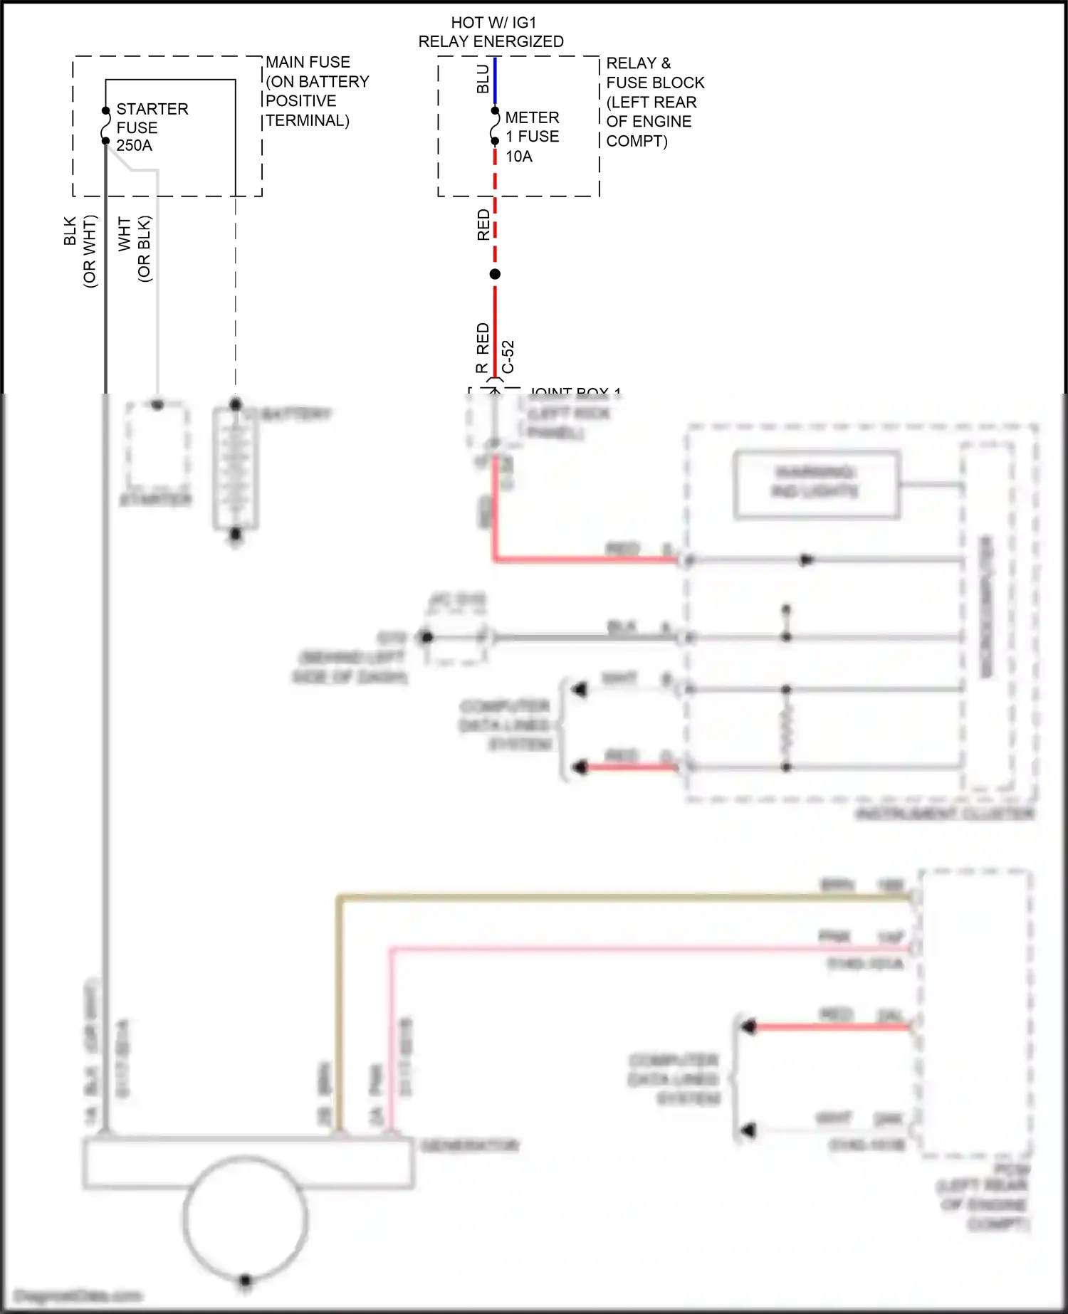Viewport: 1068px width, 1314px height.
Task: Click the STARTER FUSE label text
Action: [x=152, y=118]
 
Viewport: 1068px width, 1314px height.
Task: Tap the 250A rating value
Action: [x=134, y=145]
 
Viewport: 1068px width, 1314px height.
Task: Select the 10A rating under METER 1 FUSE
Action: [x=519, y=157]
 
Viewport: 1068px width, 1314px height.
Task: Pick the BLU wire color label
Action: [x=483, y=79]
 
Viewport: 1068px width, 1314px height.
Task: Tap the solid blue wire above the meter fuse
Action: [x=495, y=82]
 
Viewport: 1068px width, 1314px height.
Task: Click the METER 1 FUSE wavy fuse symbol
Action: [x=495, y=127]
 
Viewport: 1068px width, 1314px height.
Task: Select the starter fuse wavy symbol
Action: [x=106, y=126]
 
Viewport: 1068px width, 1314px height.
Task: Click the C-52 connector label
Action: [x=508, y=357]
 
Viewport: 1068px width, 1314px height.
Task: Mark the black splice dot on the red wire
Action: [x=495, y=274]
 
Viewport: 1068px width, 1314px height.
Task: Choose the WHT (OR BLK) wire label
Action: [x=135, y=248]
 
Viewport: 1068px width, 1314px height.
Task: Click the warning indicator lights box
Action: [x=817, y=483]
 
